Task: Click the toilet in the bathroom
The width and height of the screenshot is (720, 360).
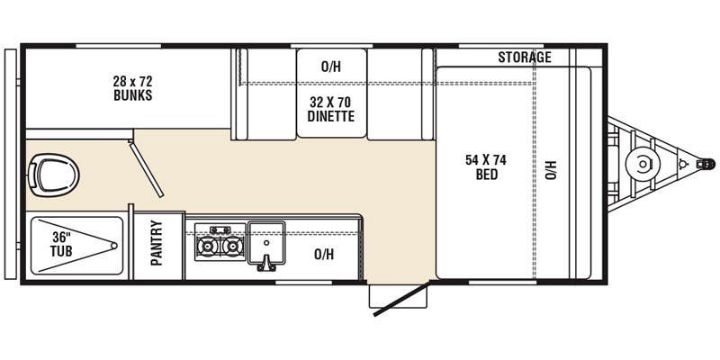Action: [x=54, y=175]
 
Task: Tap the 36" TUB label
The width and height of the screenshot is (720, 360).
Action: [x=61, y=245]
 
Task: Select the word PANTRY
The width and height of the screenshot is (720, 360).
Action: [x=157, y=243]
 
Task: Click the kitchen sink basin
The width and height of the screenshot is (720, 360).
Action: [x=266, y=242]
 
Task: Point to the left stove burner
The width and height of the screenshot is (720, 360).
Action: [x=207, y=247]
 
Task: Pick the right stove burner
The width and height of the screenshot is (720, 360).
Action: [x=232, y=247]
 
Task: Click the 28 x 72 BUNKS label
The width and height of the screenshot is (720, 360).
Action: [x=132, y=88]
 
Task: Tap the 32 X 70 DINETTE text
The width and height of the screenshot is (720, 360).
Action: [x=331, y=109]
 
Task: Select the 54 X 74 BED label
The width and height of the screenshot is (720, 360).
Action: [x=486, y=167]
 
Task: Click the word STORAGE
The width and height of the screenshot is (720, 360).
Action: [x=525, y=58]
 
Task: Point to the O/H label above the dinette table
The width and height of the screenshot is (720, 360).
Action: [x=331, y=67]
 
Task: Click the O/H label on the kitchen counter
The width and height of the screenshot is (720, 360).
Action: [x=324, y=254]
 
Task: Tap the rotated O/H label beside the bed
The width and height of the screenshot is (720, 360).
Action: [x=551, y=170]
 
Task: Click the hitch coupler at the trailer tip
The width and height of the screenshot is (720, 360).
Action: [x=706, y=164]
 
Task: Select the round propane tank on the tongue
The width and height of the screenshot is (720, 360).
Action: [x=643, y=164]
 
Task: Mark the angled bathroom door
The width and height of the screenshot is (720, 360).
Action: [x=146, y=169]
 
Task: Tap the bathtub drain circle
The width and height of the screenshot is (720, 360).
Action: [x=114, y=246]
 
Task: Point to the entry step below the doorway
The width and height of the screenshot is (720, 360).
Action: [x=398, y=296]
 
